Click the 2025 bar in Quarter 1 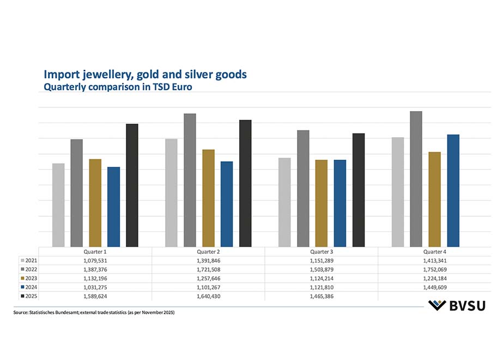(132, 185)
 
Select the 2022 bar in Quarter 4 (416, 179)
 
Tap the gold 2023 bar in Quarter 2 (208, 198)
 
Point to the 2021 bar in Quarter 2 (171, 193)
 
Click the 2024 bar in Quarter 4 (453, 191)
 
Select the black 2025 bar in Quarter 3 (359, 190)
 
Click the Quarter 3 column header (322, 252)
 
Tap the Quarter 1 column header (95, 252)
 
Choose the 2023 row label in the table (31, 278)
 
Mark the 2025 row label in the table (31, 296)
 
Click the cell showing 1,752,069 (434, 270)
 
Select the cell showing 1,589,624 (95, 296)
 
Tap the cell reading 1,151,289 (322, 261)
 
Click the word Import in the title (59, 74)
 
